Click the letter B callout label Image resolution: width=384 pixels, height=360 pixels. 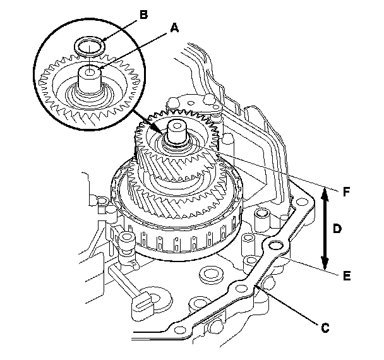(x=144, y=15)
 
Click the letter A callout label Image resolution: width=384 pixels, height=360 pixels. (x=174, y=28)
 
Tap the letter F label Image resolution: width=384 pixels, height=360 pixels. (x=346, y=191)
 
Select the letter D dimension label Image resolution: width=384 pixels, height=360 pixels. (x=337, y=229)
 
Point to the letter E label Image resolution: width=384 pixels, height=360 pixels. (x=347, y=276)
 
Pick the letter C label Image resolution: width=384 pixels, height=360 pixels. (x=325, y=328)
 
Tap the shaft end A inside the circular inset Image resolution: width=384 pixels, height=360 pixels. (x=90, y=80)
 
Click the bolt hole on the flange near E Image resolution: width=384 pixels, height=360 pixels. (x=275, y=244)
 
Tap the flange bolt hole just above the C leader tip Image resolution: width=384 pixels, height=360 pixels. (x=241, y=288)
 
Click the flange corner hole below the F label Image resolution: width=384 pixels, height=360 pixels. (x=301, y=202)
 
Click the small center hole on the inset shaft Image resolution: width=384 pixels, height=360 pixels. (x=90, y=72)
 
